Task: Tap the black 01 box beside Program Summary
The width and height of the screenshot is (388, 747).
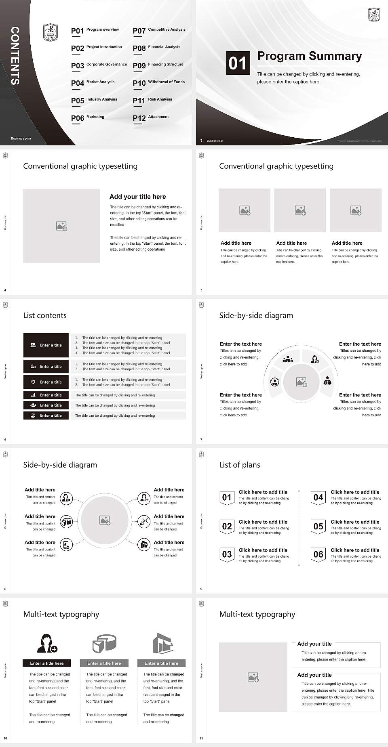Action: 238,63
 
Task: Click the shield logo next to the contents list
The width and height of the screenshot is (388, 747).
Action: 51,33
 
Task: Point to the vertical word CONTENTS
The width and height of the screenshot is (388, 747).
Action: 15,55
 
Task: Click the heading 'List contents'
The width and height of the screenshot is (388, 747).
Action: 45,316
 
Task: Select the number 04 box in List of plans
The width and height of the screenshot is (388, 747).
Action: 318,497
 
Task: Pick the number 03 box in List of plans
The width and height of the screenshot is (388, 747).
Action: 227,554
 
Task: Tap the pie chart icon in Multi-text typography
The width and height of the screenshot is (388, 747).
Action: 105,643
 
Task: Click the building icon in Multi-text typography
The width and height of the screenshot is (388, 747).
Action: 162,643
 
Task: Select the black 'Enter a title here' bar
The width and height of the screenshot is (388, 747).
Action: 47,663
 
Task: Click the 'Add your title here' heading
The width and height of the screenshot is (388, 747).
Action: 137,197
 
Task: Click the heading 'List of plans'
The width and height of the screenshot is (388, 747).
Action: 240,465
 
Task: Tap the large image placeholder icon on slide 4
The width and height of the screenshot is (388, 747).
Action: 61,226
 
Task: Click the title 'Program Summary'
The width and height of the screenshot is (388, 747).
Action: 310,56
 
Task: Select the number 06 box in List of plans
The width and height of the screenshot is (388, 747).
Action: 318,554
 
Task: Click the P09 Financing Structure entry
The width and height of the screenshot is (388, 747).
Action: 158,65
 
